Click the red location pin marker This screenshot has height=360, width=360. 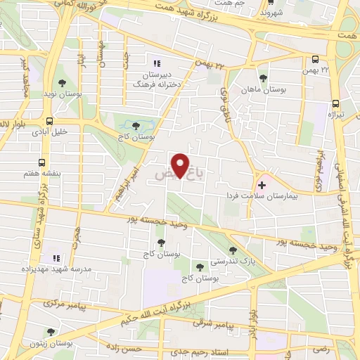pos(182,165)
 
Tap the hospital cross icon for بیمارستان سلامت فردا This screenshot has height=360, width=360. pos(262,186)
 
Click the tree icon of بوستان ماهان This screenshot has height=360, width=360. pos(264,78)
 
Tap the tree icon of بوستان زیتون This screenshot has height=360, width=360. pos(50,332)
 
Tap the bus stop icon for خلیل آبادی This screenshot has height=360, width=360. pos(49,121)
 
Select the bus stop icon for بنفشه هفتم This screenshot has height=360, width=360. pos(42,161)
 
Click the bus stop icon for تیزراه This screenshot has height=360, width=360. pos(334,103)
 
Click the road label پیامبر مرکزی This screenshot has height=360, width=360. pos(65,304)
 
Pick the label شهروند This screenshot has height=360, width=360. pos(271,12)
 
